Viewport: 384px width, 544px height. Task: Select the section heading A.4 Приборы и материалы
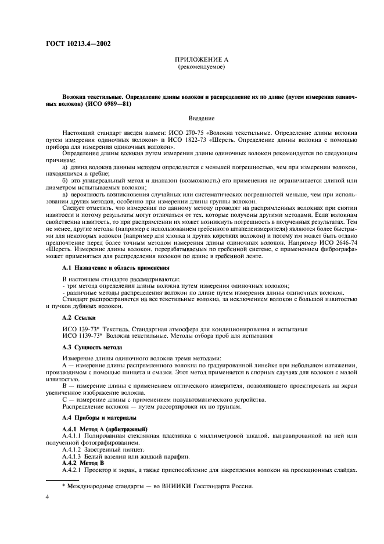(x=95, y=418)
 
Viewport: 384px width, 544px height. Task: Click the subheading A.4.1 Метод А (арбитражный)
(x=101, y=429)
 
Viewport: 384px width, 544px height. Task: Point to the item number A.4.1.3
(x=74, y=456)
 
